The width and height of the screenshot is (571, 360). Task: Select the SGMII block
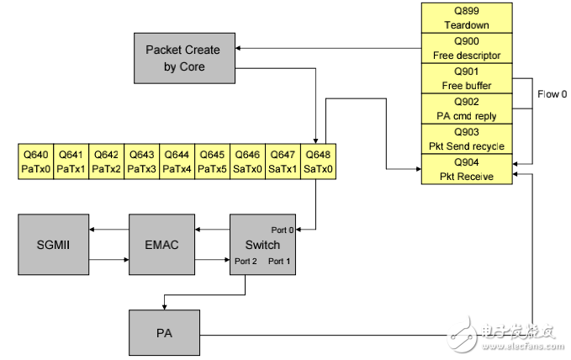pos(52,244)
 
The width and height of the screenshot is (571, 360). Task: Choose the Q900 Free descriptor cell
pos(466,49)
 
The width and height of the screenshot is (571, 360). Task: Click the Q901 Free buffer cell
pos(466,78)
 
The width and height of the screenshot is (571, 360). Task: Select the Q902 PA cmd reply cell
pos(466,108)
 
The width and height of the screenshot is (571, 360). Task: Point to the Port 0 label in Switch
pos(283,230)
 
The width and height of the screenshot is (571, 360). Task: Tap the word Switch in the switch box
pos(264,245)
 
